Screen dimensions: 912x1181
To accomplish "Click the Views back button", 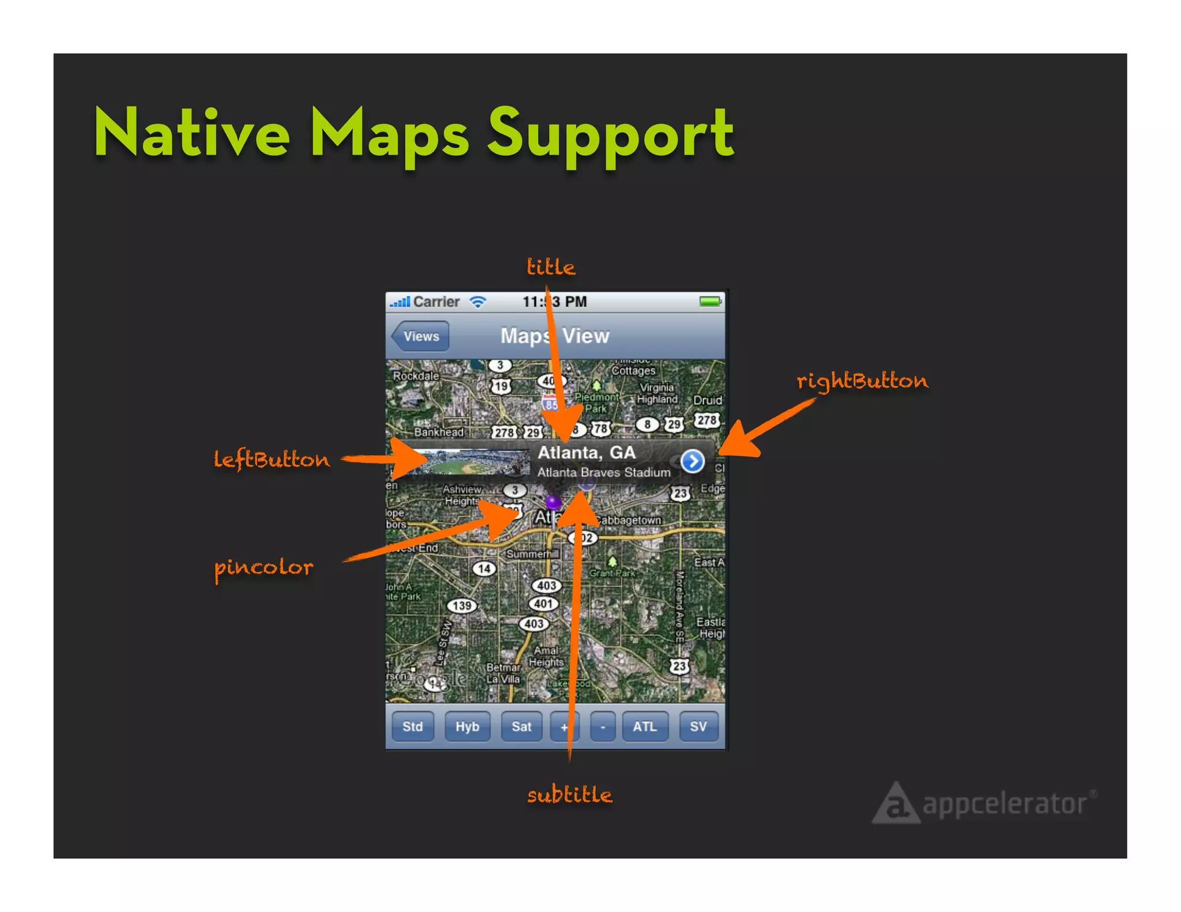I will click(x=420, y=336).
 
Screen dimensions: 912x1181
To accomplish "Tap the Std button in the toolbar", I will click(x=413, y=726).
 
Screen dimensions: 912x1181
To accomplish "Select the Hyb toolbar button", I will click(x=467, y=726).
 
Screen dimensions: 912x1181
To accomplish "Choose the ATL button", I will click(x=645, y=726).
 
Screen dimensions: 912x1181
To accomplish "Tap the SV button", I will click(x=698, y=726).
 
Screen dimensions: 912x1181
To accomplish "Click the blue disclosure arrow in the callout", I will click(x=692, y=461).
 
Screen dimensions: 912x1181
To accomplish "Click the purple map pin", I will click(x=553, y=502).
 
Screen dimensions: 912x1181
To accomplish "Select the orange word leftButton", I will click(x=272, y=460).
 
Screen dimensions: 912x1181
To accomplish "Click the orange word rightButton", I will click(x=862, y=381).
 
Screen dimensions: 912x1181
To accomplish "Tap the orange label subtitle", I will click(x=570, y=795).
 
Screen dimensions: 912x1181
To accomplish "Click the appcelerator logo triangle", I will click(x=896, y=804).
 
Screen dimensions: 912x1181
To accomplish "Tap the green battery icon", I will click(x=710, y=302).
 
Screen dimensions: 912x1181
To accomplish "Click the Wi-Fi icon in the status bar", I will click(x=478, y=302).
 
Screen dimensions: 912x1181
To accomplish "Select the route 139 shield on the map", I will click(x=462, y=606).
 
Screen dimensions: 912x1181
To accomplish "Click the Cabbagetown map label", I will click(x=628, y=520).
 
